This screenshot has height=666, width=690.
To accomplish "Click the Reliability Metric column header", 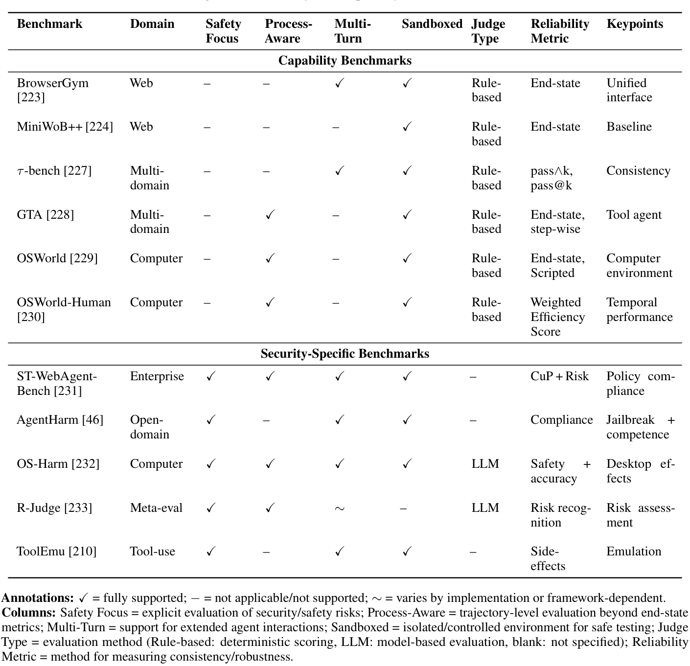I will click(559, 31).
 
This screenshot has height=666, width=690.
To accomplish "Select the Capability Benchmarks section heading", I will click(345, 61).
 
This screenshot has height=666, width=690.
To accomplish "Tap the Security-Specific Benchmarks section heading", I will click(345, 354).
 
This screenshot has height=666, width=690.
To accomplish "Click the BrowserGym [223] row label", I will click(52, 90).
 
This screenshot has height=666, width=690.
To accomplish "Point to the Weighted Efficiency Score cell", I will click(557, 317).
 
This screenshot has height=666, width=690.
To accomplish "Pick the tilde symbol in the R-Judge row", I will click(339, 508).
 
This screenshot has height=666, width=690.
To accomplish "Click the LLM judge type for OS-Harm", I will click(485, 464).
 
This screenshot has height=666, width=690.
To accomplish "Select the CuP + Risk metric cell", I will click(559, 376).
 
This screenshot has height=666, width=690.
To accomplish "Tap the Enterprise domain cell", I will click(157, 376).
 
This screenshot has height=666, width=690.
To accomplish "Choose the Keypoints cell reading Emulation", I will click(633, 551).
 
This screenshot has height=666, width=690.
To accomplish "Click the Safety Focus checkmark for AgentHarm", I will click(211, 420).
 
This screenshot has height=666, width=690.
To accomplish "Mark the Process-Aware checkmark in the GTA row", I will click(270, 215).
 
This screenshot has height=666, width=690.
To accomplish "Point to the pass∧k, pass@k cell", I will click(552, 178).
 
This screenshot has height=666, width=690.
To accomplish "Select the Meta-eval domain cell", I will click(156, 508).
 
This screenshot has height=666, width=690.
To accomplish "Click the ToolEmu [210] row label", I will click(56, 551).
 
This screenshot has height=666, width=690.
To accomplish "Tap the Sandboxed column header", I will click(432, 24).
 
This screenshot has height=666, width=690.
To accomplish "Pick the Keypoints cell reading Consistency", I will click(638, 171).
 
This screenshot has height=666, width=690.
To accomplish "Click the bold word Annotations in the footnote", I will click(38, 598).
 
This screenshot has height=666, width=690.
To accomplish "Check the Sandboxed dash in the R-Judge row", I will click(403, 508).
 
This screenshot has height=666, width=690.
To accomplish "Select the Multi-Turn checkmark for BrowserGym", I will click(339, 83).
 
